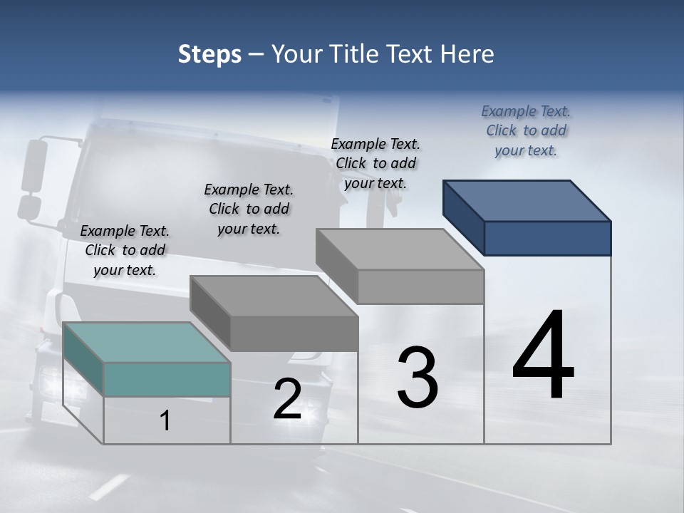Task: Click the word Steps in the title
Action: [x=209, y=54]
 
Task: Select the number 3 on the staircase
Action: [x=418, y=378]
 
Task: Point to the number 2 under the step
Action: [x=288, y=399]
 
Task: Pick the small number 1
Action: [x=165, y=421]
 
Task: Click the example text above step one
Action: [x=125, y=250]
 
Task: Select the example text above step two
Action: [x=249, y=209]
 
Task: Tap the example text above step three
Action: [x=375, y=163]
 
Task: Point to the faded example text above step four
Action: [x=526, y=130]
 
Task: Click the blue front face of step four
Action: [x=547, y=238]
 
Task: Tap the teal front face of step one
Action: [x=167, y=379]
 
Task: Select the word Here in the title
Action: [x=470, y=54]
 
